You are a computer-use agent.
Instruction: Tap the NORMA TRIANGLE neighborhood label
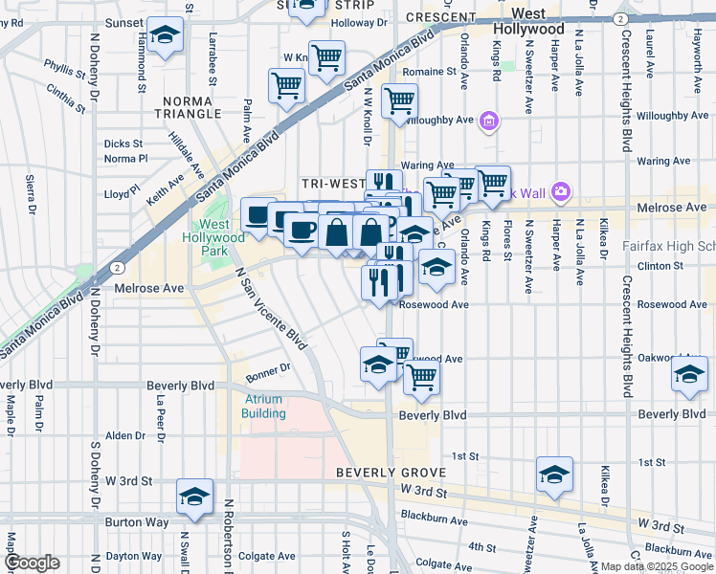pyautogui.click(x=192, y=107)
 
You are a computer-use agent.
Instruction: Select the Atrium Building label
pyautogui.click(x=264, y=407)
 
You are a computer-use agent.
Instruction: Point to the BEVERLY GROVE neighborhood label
pyautogui.click(x=390, y=474)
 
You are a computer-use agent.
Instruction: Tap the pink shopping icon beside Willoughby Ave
pyautogui.click(x=490, y=121)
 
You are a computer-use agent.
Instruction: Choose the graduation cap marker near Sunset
pyautogui.click(x=166, y=35)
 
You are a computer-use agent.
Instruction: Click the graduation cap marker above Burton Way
pyautogui.click(x=195, y=497)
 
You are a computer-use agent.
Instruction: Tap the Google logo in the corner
pyautogui.click(x=32, y=563)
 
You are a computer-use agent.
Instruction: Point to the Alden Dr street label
pyautogui.click(x=124, y=435)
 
